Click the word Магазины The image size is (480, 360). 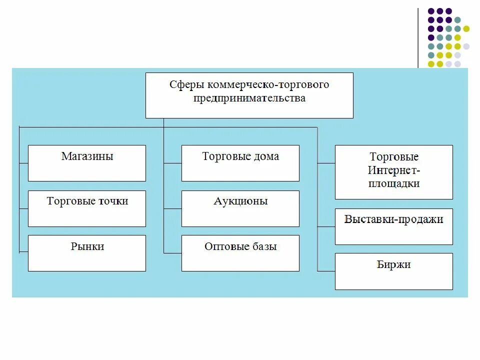(87, 156)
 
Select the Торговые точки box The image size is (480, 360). (87, 208)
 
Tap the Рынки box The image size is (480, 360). (87, 253)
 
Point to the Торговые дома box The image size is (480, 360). (240, 163)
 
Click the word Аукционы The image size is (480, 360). (240, 201)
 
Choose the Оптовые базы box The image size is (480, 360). (240, 253)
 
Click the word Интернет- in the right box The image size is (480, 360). (394, 170)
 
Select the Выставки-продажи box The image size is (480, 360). (393, 226)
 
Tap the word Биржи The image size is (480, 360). (394, 264)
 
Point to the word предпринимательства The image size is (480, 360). (249, 98)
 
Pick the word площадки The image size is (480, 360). (394, 183)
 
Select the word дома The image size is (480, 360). (266, 156)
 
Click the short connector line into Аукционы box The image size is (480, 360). (172, 208)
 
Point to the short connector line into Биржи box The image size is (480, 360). (326, 271)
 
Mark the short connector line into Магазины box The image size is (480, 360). (23, 163)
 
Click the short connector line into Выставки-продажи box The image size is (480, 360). (326, 226)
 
